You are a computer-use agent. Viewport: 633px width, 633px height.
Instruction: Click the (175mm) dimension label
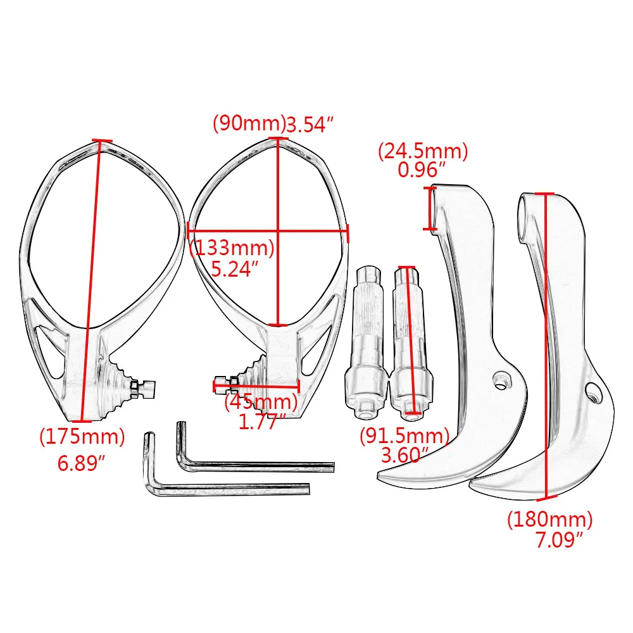pyautogui.click(x=82, y=437)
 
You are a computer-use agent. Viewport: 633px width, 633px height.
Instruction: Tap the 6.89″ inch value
pyautogui.click(x=81, y=463)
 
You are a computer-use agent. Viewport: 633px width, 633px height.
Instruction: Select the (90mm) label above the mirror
pyautogui.click(x=249, y=123)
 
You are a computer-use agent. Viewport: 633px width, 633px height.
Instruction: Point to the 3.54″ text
pyautogui.click(x=310, y=124)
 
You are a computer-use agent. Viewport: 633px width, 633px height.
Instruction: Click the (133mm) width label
pyautogui.click(x=232, y=248)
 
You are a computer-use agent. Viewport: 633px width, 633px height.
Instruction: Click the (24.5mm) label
pyautogui.click(x=423, y=151)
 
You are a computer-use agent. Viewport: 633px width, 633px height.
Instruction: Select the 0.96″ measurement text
pyautogui.click(x=422, y=170)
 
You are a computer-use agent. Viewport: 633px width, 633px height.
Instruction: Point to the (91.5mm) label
pyautogui.click(x=404, y=436)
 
